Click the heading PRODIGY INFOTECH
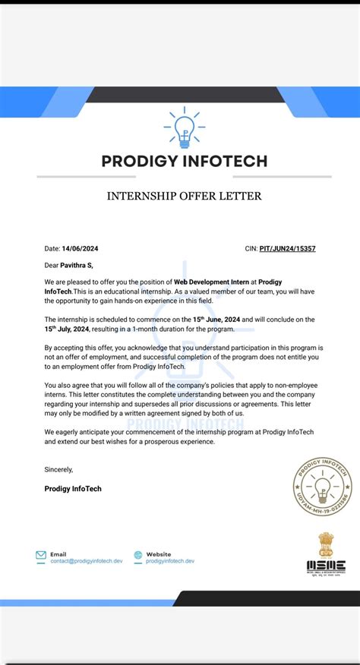(x=185, y=161)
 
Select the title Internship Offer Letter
(x=185, y=196)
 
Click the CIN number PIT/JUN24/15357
(x=287, y=248)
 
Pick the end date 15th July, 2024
(x=68, y=329)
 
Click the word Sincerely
(x=58, y=470)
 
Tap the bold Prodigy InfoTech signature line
(x=73, y=489)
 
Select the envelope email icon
(x=41, y=557)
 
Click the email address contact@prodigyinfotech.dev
(x=86, y=561)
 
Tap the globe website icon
(x=137, y=557)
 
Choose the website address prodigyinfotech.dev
(x=170, y=561)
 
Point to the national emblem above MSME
(x=326, y=544)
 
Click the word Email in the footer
(x=58, y=554)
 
